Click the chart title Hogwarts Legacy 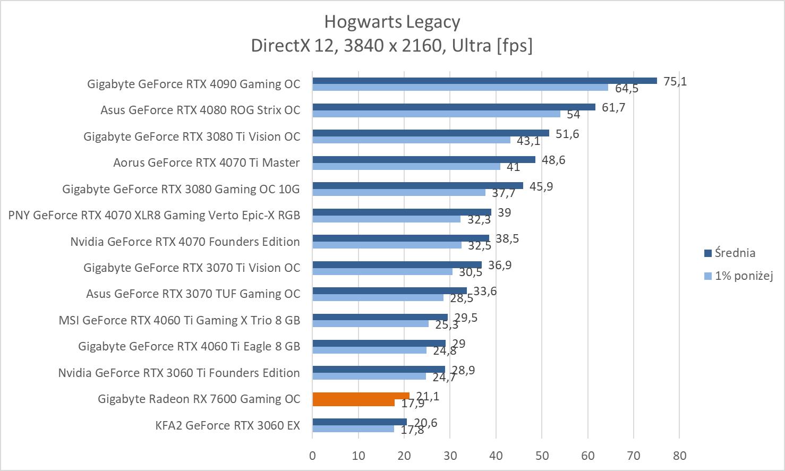coord(392,22)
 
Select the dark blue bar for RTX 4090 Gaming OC coord(484,81)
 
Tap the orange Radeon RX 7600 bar coord(361,399)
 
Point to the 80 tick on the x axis coord(679,456)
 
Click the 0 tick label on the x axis coord(312,456)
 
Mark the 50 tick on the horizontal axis coord(542,456)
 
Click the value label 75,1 coord(675,81)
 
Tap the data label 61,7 coord(613,108)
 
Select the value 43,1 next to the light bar coord(528,141)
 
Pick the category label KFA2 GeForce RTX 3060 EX coord(227,425)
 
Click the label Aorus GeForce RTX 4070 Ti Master coord(206,163)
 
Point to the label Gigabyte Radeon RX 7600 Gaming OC coord(199,399)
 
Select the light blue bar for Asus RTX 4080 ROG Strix coord(436,114)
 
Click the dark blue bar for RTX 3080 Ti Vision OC coord(431,133)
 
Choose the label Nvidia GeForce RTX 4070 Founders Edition coord(185,242)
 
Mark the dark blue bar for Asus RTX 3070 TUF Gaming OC coord(389,290)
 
